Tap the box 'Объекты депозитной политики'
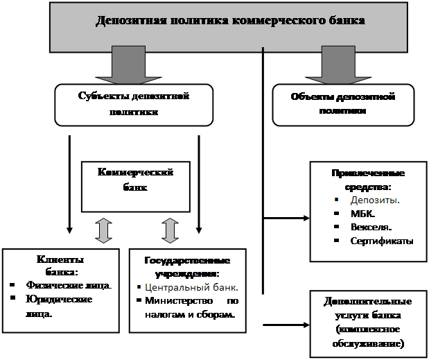[342, 104]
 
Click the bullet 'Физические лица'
[68, 285]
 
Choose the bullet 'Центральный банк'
[191, 286]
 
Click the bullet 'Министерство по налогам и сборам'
[191, 307]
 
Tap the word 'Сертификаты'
[382, 241]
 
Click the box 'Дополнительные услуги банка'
[368, 323]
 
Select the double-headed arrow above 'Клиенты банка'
[103, 231]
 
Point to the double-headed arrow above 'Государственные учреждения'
[168, 231]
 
